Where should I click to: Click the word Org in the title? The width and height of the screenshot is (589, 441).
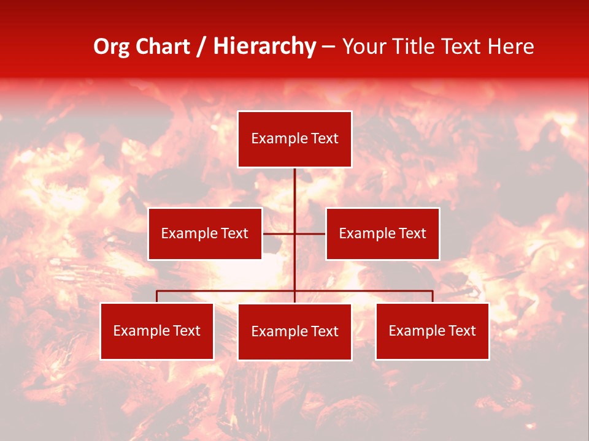click(x=111, y=47)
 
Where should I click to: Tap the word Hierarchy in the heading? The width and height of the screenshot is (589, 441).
click(x=264, y=47)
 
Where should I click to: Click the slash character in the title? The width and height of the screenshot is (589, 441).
click(x=202, y=47)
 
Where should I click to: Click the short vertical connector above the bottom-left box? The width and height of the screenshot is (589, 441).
click(x=157, y=296)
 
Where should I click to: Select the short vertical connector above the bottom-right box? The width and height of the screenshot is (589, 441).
click(x=433, y=296)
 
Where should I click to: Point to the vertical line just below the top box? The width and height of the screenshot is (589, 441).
click(x=294, y=184)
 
